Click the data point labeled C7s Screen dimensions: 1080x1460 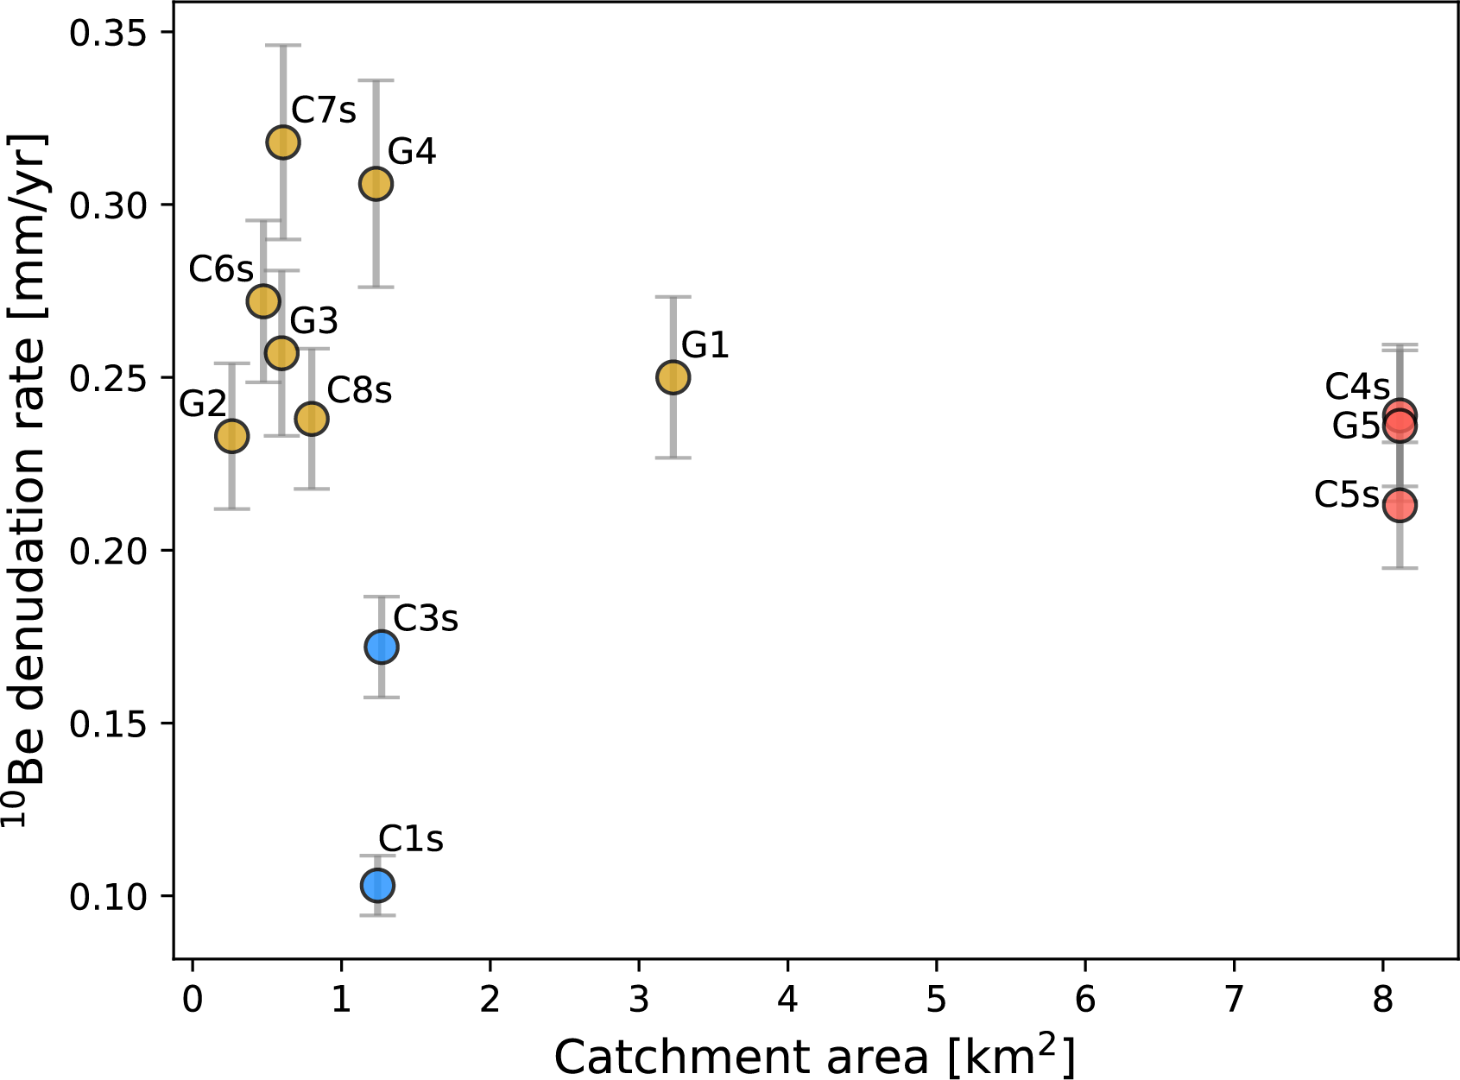[282, 142]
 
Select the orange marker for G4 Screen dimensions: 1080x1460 [376, 184]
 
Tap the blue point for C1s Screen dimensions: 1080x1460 [377, 885]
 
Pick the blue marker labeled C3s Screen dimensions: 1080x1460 [381, 647]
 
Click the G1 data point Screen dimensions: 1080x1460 [673, 377]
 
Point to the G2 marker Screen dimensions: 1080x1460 [231, 436]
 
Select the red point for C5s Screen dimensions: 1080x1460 [1400, 505]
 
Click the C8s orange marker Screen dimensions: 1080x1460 [312, 419]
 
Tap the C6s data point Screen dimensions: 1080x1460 [263, 301]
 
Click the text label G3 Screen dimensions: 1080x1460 [313, 321]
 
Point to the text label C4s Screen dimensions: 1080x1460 [1357, 388]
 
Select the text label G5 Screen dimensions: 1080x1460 [1356, 426]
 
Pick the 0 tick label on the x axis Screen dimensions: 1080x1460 [193, 1000]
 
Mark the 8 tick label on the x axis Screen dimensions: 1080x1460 [1383, 1000]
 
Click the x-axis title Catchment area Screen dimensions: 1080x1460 [814, 1055]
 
